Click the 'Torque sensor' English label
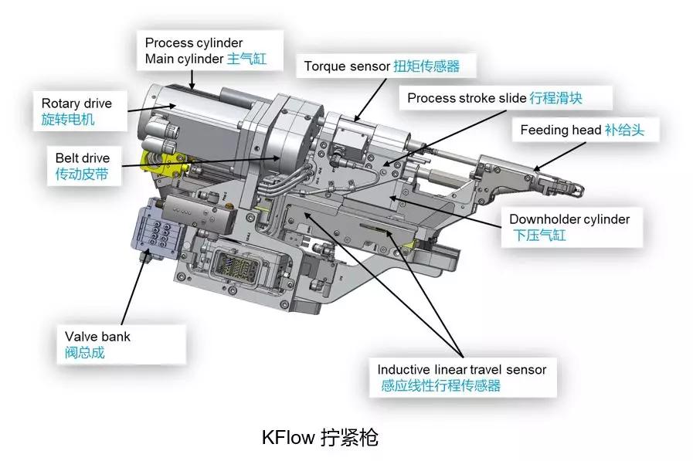(x=347, y=66)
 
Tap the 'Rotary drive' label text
(x=76, y=103)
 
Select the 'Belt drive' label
(x=82, y=158)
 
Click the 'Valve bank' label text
(x=97, y=337)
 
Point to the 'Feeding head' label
(x=560, y=130)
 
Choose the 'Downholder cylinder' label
(x=569, y=219)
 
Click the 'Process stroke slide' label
(x=467, y=98)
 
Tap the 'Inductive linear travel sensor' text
(x=461, y=369)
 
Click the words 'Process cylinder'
(x=193, y=42)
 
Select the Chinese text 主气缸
(x=246, y=59)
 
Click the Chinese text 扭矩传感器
(x=426, y=66)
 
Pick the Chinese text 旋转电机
(x=69, y=120)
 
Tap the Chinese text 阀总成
(x=84, y=353)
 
